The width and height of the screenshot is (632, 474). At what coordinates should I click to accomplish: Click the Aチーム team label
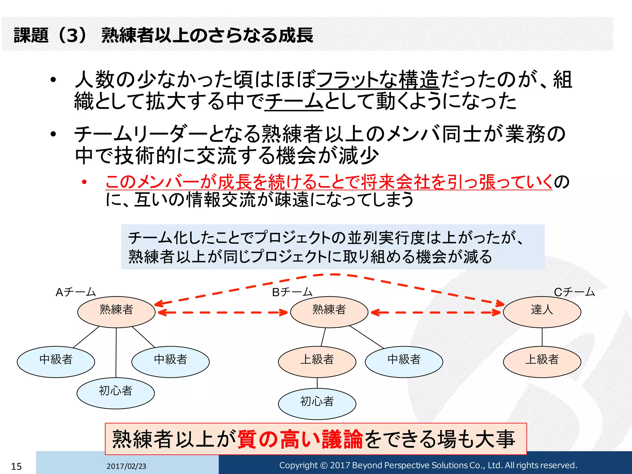click(76, 292)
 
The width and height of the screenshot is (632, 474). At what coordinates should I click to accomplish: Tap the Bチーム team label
click(292, 292)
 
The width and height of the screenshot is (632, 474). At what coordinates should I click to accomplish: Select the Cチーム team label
click(574, 292)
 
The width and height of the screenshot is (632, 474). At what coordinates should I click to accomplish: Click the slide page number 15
click(16, 466)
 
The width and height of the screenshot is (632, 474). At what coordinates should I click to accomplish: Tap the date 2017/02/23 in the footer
click(126, 466)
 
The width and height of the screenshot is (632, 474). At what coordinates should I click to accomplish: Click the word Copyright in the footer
click(298, 465)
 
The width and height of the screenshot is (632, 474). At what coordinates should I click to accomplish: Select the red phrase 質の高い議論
click(300, 439)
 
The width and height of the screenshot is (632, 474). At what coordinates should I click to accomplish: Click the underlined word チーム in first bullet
click(294, 101)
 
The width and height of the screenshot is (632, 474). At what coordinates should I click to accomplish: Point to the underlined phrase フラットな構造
click(378, 79)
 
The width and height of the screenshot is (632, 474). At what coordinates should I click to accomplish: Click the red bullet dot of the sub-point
click(84, 182)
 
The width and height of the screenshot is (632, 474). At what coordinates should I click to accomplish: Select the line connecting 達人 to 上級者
click(542, 337)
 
